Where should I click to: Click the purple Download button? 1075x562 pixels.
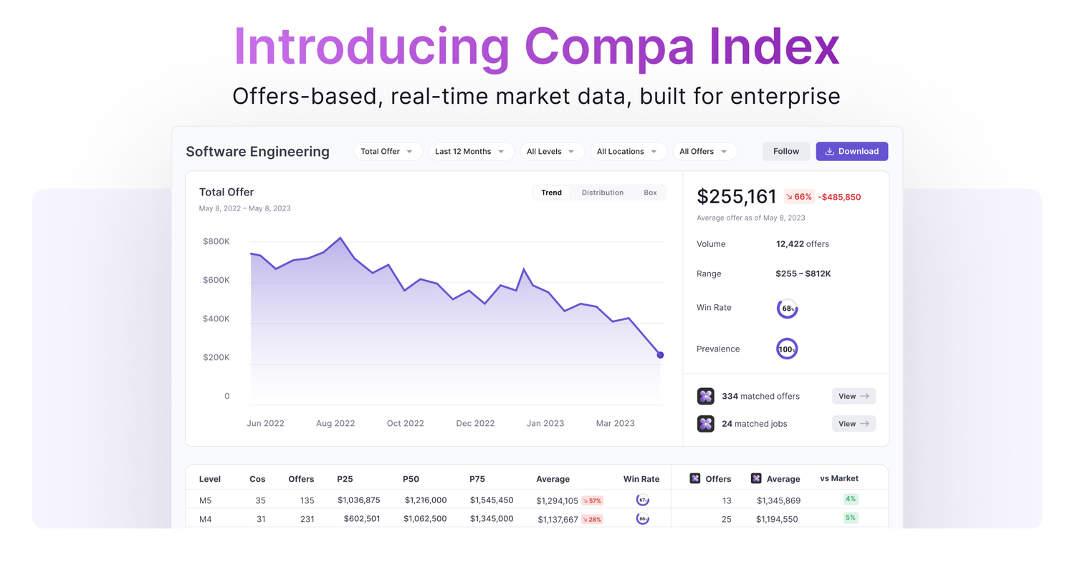[851, 151]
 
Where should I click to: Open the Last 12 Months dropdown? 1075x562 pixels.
[471, 151]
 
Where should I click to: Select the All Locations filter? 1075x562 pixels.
[627, 151]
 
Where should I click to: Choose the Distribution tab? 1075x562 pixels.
[602, 193]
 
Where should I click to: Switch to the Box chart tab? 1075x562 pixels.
[650, 193]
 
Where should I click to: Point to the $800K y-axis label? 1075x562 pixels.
[216, 241]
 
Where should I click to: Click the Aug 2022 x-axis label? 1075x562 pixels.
[335, 423]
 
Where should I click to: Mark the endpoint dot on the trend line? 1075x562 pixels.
[660, 355]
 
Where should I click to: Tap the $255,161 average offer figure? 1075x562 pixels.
[737, 197]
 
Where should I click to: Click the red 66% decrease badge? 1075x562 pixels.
[798, 197]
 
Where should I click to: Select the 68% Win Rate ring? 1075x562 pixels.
[787, 309]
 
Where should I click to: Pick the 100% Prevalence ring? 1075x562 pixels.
[787, 349]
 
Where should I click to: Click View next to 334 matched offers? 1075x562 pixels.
[854, 396]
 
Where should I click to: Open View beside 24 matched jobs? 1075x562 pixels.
[854, 424]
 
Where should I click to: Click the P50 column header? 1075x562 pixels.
[411, 479]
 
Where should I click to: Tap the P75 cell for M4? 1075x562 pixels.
[491, 519]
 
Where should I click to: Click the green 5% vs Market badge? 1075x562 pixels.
[851, 518]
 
